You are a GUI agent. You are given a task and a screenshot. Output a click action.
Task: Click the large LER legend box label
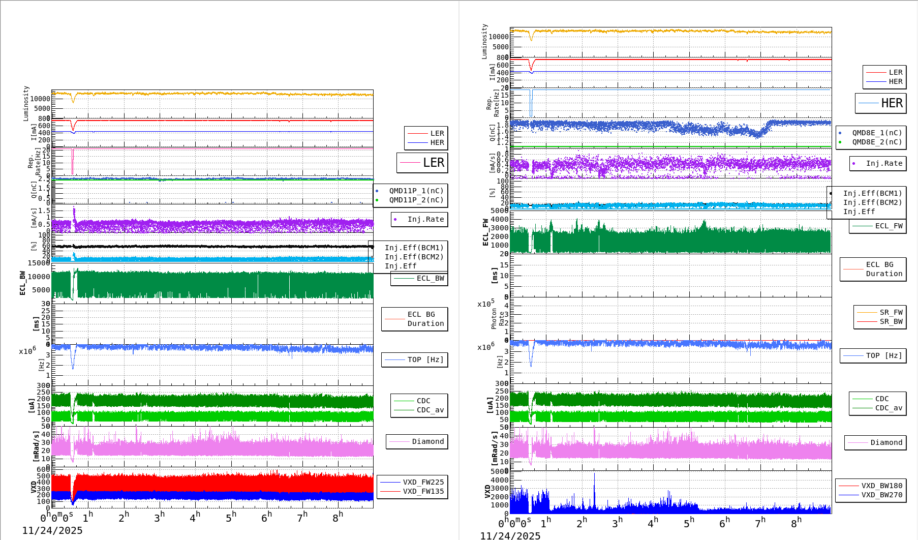coord(433,163)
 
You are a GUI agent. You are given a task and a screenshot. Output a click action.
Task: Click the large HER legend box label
coord(892,103)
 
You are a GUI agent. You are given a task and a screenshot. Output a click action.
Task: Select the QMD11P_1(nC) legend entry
coord(416,191)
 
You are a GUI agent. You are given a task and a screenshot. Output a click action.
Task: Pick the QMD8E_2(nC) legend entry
coord(876,142)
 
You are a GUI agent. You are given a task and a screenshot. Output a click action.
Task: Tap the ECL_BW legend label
coord(430,278)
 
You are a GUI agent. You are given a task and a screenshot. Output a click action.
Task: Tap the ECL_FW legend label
coord(889,226)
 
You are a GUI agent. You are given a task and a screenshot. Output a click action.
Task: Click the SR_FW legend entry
coord(891,312)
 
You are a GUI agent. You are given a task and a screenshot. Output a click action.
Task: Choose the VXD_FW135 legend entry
coord(423,491)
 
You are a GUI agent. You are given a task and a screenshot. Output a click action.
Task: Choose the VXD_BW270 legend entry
coord(881,495)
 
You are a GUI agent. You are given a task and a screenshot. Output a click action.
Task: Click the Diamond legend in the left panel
coord(427,441)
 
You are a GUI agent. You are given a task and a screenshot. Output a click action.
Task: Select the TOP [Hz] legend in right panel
coord(884,355)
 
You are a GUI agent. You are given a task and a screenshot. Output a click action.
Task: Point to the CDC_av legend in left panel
coord(430,410)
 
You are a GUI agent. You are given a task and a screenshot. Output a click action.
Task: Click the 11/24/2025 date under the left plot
coord(52,530)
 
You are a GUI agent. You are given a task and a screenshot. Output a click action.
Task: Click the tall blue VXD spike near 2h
coord(594,483)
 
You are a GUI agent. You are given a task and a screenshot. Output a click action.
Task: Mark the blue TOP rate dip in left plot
coord(73,364)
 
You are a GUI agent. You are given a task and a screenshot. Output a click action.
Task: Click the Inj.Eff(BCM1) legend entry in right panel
coord(872,193)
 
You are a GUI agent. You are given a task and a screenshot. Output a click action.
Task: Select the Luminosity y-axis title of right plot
coord(484,41)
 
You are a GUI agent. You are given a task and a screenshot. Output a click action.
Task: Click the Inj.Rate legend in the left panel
coord(425,219)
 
